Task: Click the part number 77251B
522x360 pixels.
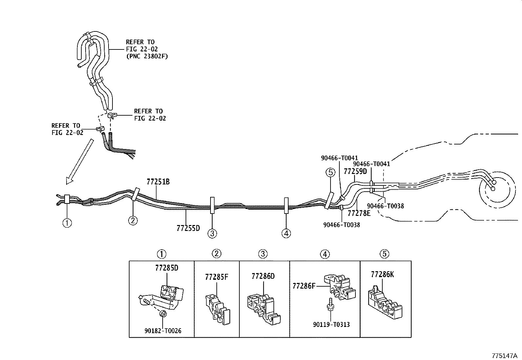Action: pyautogui.click(x=158, y=182)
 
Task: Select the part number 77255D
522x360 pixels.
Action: pyautogui.click(x=188, y=228)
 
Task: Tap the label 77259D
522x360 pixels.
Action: pyautogui.click(x=355, y=172)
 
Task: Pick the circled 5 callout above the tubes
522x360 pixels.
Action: pyautogui.click(x=330, y=172)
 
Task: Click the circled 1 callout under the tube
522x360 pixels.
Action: pyautogui.click(x=67, y=223)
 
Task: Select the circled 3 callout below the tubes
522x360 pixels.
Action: pyautogui.click(x=212, y=234)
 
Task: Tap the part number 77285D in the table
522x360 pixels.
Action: pyautogui.click(x=167, y=268)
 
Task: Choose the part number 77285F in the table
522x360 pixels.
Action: pyautogui.click(x=216, y=277)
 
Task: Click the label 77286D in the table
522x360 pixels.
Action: pyautogui.click(x=263, y=276)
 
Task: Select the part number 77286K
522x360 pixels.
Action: pyautogui.click(x=382, y=275)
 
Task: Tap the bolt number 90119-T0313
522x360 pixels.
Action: pyautogui.click(x=331, y=325)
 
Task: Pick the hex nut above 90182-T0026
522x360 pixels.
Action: pyautogui.click(x=162, y=315)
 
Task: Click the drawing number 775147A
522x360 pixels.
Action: pyautogui.click(x=504, y=355)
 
